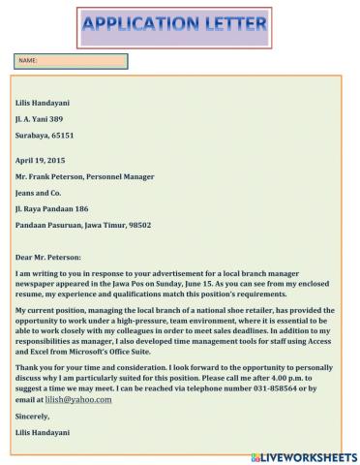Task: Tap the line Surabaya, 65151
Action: (45, 136)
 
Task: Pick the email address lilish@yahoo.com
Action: (76, 399)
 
